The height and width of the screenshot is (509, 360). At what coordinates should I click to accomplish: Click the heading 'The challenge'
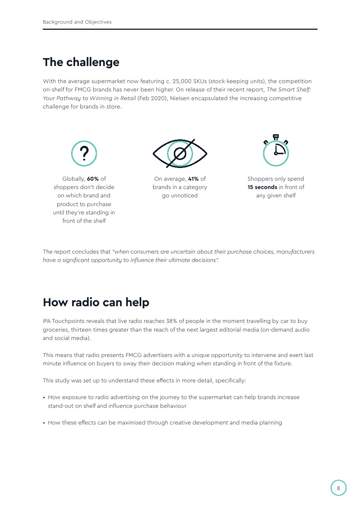point(81,62)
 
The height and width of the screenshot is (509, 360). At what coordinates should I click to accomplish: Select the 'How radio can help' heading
point(96,302)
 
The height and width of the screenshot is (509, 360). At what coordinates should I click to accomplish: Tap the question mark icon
point(84,153)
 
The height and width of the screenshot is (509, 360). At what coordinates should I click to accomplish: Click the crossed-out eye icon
point(180,153)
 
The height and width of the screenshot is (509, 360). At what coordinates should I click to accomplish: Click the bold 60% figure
point(93,179)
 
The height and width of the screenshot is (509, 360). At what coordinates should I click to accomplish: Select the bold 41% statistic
point(193,179)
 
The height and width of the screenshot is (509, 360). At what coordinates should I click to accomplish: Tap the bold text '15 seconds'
point(262,187)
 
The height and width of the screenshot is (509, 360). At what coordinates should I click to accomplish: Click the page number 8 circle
point(338,488)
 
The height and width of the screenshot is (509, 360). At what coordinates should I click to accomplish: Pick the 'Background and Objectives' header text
point(77,22)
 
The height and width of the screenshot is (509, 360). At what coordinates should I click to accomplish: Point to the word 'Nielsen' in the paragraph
point(181,98)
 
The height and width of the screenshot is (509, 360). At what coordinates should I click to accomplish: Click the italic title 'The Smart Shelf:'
point(289,90)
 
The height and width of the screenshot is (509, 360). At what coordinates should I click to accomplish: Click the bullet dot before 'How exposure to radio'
point(44,398)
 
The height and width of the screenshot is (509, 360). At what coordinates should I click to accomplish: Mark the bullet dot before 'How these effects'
point(44,423)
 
